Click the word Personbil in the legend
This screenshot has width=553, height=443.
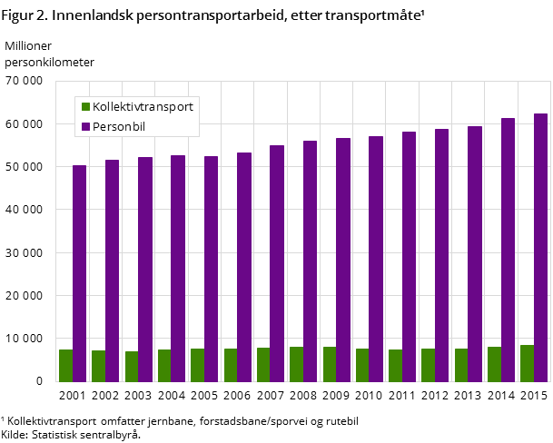coord(119,127)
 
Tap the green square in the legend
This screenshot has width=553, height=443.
coord(86,107)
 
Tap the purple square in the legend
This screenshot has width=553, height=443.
coord(86,127)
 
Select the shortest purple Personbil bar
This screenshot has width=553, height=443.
coord(79,273)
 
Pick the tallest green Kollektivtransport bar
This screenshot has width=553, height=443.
coord(527,363)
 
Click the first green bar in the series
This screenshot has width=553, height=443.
coord(65,366)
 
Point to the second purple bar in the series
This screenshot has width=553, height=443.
coord(112,271)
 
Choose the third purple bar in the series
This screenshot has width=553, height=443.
coord(145,269)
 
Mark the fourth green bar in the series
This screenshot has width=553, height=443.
coord(164,366)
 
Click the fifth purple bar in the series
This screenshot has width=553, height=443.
coord(211,269)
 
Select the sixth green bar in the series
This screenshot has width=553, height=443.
coord(231,365)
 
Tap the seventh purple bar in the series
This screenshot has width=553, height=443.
coord(277,263)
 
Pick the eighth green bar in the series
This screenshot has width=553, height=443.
coord(296,364)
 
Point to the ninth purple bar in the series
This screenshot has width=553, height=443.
coord(342,260)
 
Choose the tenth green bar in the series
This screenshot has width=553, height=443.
coord(362,365)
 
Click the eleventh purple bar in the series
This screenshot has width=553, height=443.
coord(409,257)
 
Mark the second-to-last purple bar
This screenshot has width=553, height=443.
coord(508,250)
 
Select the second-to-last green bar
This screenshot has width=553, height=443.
coord(494,364)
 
